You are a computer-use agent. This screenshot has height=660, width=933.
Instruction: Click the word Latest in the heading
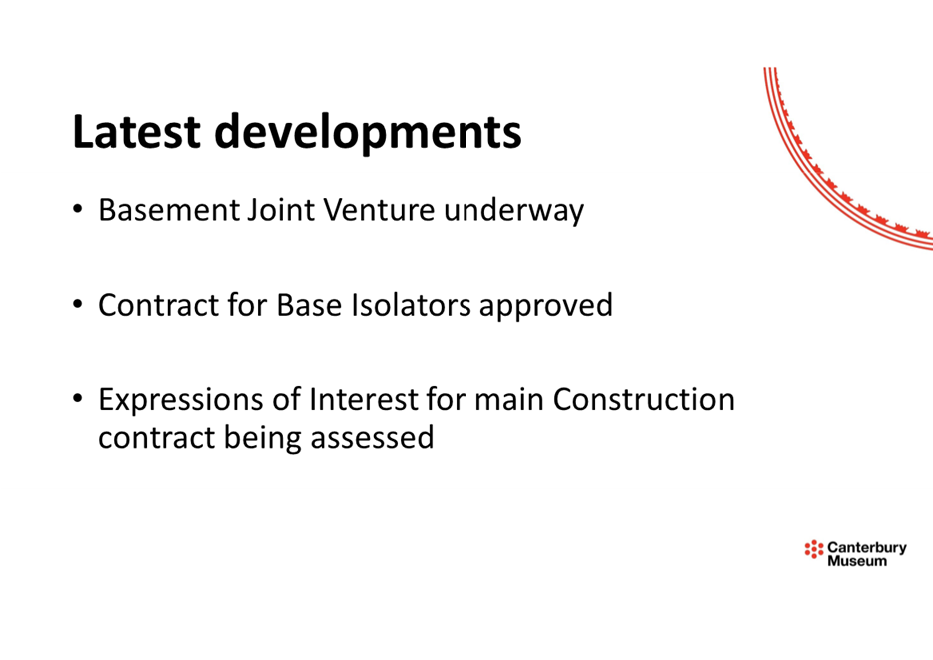(136, 131)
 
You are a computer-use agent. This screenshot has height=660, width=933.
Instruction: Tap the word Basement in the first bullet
(169, 210)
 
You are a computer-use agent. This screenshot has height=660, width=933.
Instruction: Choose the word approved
(546, 308)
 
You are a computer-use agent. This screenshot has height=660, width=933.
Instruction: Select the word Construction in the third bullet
(644, 399)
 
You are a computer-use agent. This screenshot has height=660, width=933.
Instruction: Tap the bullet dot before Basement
(77, 209)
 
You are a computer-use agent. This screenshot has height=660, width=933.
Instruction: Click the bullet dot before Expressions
(77, 399)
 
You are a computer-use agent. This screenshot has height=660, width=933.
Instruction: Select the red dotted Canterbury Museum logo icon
(814, 549)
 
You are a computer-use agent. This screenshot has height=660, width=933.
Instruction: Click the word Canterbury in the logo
(867, 547)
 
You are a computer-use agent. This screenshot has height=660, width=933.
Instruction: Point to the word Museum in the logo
(857, 561)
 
